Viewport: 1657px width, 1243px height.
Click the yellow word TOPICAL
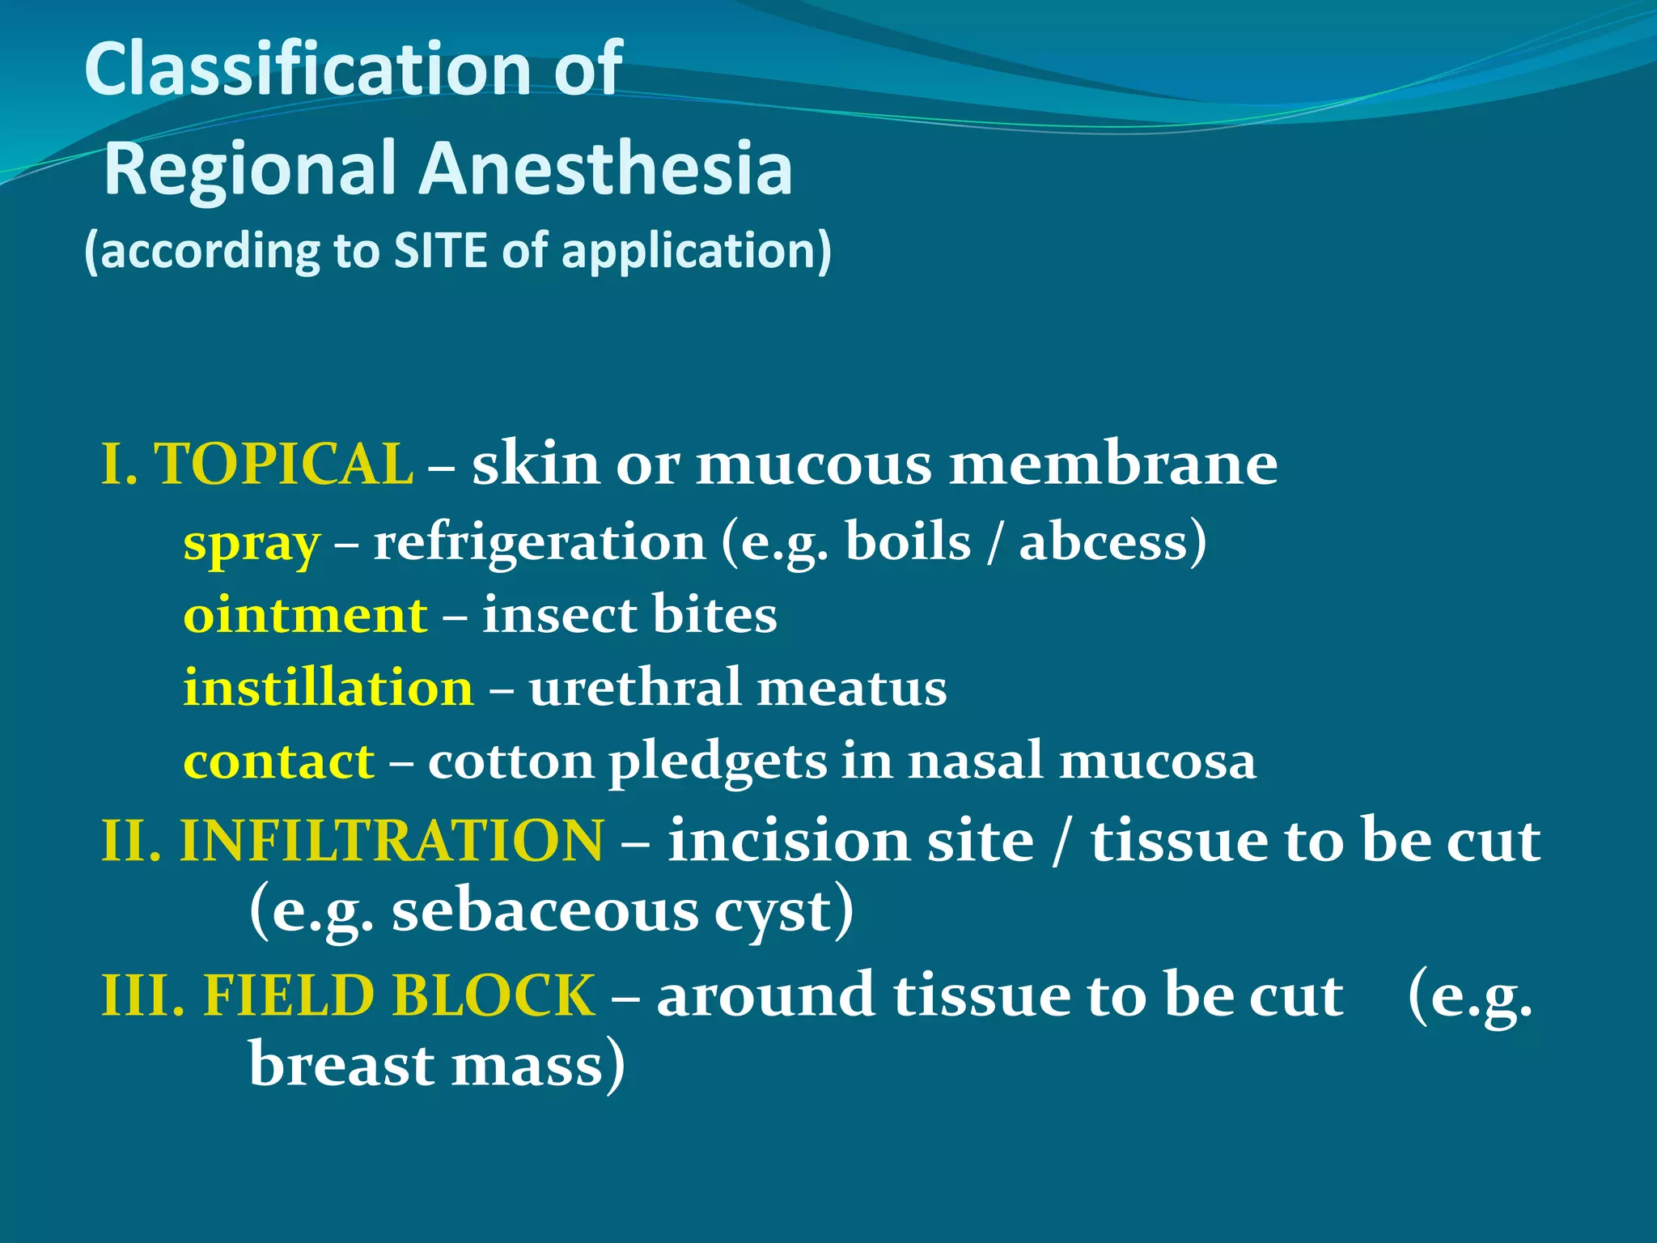[283, 465]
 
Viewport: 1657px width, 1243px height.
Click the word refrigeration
[539, 542]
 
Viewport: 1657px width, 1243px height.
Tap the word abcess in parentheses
[1104, 542]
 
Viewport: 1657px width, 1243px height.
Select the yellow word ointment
[305, 615]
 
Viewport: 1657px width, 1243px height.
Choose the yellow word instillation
[328, 688]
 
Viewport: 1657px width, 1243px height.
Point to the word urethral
[634, 688]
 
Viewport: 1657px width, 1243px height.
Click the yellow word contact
[278, 761]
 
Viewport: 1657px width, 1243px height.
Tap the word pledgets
[718, 763]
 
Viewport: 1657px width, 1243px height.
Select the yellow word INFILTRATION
[391, 841]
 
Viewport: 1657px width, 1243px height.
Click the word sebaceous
[545, 912]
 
